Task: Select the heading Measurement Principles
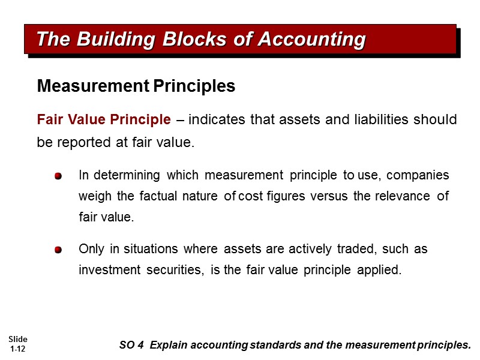[x=136, y=86]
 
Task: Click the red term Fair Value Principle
[x=104, y=120]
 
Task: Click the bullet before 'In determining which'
[x=58, y=176]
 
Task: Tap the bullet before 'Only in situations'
[x=58, y=250]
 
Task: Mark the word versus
[x=331, y=196]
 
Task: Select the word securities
[x=174, y=270]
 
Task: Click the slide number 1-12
[x=18, y=349]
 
